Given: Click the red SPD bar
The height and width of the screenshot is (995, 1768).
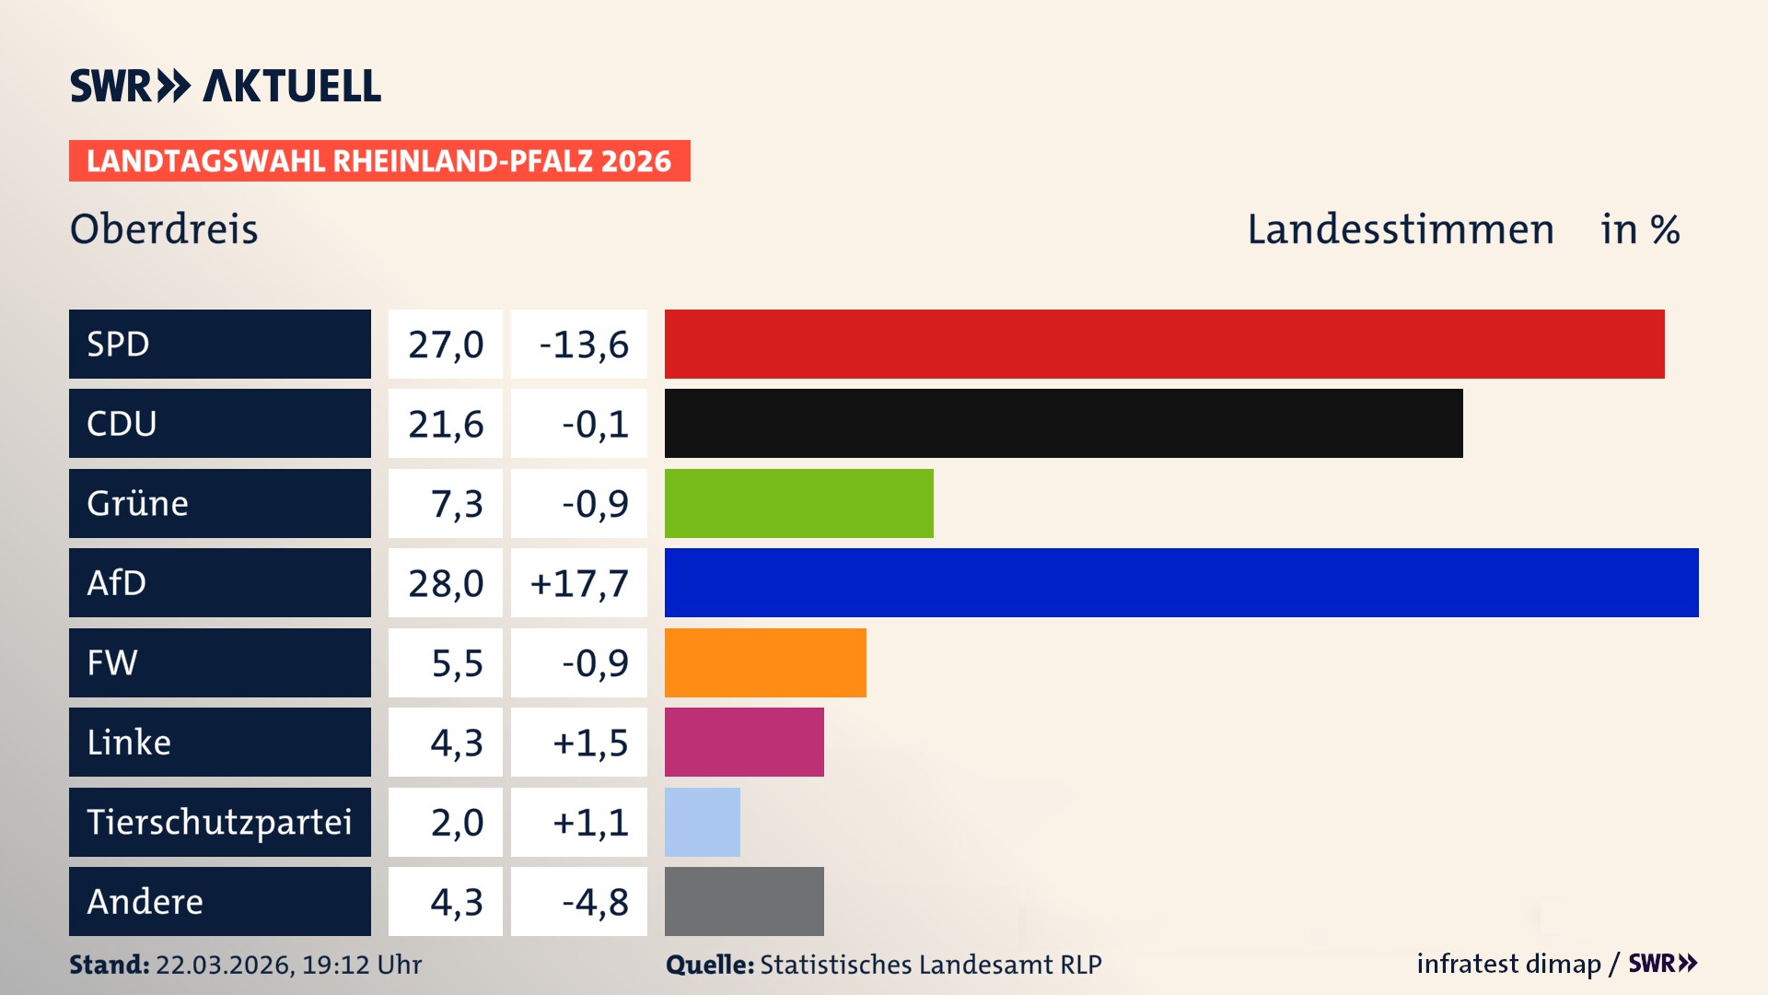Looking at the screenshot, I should tap(1164, 344).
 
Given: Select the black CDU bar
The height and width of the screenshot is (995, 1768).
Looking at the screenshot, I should tap(1064, 423).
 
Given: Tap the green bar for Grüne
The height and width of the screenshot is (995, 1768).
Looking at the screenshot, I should tap(798, 503).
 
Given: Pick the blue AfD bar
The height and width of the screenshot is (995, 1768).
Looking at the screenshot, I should tap(1181, 582).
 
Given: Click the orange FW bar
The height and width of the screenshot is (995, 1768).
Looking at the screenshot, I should tap(765, 662).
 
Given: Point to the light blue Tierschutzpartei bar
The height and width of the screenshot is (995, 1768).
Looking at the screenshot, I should tap(702, 822).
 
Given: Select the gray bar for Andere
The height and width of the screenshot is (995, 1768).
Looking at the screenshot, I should tap(744, 901).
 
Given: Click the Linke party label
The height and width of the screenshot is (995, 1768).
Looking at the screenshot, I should tap(129, 742).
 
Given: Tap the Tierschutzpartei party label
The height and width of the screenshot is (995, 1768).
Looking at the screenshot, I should tap(219, 822).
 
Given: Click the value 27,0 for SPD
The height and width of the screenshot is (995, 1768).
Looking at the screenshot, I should tap(446, 344).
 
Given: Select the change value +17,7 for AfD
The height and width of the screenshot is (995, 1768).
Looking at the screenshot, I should tap(579, 582).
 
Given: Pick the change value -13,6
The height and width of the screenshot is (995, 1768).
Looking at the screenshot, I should tap(584, 344).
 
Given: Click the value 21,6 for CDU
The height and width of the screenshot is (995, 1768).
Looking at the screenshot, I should tap(446, 423).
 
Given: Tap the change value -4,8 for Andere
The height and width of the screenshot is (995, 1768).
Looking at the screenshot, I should tap(595, 901).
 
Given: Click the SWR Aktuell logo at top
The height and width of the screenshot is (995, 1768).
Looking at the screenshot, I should tap(226, 86).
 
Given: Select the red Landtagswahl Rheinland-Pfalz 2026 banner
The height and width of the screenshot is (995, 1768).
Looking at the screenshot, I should tap(379, 161).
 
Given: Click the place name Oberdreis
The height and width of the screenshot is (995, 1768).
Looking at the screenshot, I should tap(164, 228).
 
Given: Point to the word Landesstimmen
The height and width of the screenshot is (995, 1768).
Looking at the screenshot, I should tap(1400, 228).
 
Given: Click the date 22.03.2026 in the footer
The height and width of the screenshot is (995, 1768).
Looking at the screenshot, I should tap(224, 965).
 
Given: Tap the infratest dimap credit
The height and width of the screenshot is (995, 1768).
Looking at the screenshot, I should tap(1508, 964).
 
